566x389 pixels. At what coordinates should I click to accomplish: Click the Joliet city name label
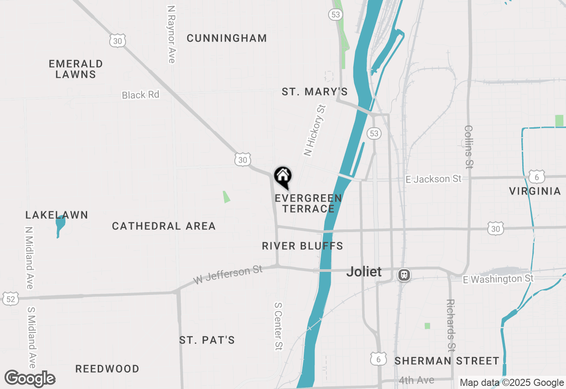click(x=363, y=271)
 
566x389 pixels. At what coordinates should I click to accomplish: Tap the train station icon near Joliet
click(x=404, y=275)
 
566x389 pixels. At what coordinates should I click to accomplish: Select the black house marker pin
click(x=283, y=177)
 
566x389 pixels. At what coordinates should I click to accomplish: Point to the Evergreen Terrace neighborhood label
click(x=308, y=203)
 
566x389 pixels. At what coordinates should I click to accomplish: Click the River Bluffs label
click(x=302, y=246)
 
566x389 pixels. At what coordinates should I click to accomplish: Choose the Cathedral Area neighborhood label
click(x=164, y=226)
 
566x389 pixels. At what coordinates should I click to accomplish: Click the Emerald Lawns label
click(x=76, y=69)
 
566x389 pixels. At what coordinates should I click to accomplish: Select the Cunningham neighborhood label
click(x=227, y=38)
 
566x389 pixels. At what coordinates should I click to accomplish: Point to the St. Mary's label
click(x=315, y=92)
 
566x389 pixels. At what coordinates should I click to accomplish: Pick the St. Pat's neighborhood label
click(x=207, y=340)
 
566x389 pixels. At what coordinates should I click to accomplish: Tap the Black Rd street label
click(x=140, y=95)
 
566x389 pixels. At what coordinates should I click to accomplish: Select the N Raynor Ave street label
click(x=172, y=34)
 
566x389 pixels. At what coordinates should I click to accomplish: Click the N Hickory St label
click(x=314, y=130)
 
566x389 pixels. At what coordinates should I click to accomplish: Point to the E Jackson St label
click(x=433, y=179)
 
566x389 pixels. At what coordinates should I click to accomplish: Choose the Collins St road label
click(x=469, y=146)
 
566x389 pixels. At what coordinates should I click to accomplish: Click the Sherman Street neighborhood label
click(x=447, y=361)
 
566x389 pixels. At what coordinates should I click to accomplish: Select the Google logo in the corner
click(x=30, y=378)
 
